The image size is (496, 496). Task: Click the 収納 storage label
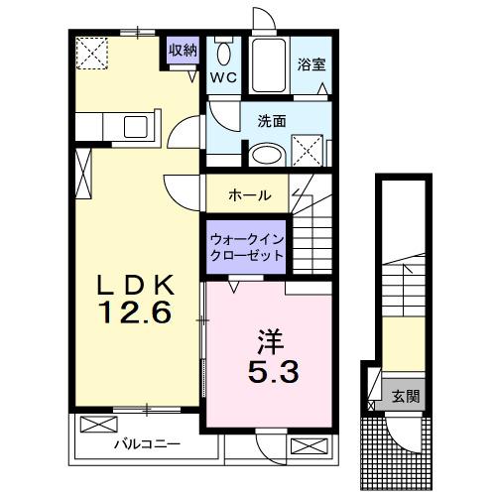pos(182,50)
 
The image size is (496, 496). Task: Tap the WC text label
pos(223,75)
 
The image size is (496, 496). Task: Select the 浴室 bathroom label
pos(311,64)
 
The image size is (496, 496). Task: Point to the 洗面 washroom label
pos(272,121)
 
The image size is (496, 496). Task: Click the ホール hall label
pos(249,194)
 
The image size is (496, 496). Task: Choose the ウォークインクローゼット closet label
pos(246,246)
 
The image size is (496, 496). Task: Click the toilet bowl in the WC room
pos(224,54)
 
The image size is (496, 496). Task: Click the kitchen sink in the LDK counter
pos(132,126)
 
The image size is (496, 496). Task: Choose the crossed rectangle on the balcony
pos(98,426)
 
